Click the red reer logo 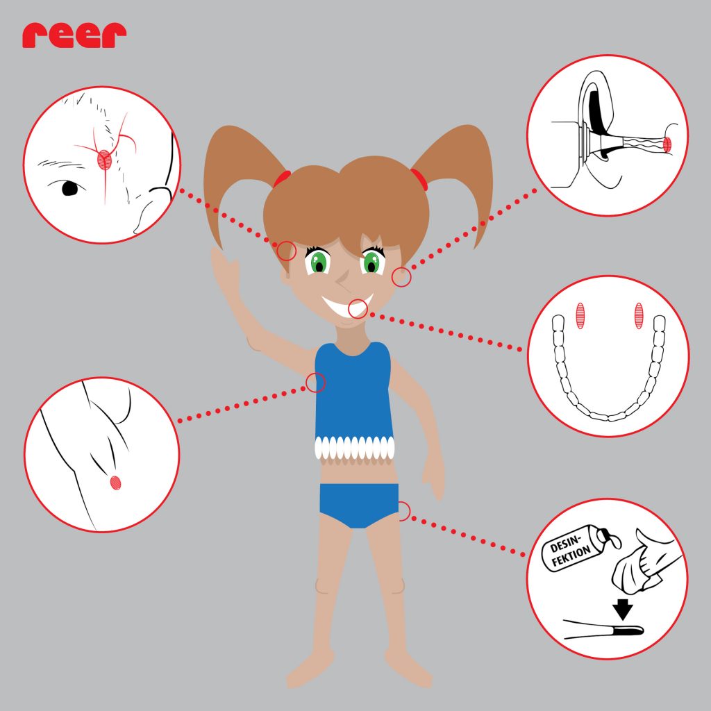pyautogui.click(x=74, y=35)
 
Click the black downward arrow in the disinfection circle pyautogui.click(x=623, y=609)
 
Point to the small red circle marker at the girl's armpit pyautogui.click(x=316, y=383)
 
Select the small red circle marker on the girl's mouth pyautogui.click(x=358, y=309)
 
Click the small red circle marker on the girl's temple pyautogui.click(x=286, y=250)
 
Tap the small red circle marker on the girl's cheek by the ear pyautogui.click(x=401, y=277)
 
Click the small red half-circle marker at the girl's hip pyautogui.click(x=405, y=511)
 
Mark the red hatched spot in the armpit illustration pyautogui.click(x=116, y=483)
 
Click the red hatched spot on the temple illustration pyautogui.click(x=104, y=160)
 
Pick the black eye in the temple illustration pyautogui.click(x=69, y=188)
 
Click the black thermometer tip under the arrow pyautogui.click(x=628, y=629)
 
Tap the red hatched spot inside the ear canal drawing pyautogui.click(x=667, y=144)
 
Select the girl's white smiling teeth pyautogui.click(x=347, y=306)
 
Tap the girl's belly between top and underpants pyautogui.click(x=359, y=471)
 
